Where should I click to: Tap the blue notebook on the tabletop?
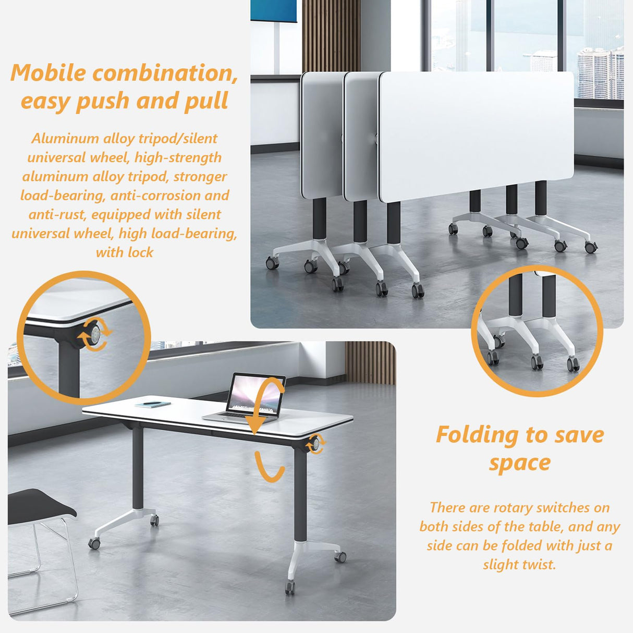point(153,404)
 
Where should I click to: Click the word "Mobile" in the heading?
point(48,73)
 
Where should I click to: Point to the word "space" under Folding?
point(519,463)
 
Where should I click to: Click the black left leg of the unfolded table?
point(138,467)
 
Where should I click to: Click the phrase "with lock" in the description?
point(125,253)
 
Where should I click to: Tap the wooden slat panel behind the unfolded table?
point(370,362)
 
